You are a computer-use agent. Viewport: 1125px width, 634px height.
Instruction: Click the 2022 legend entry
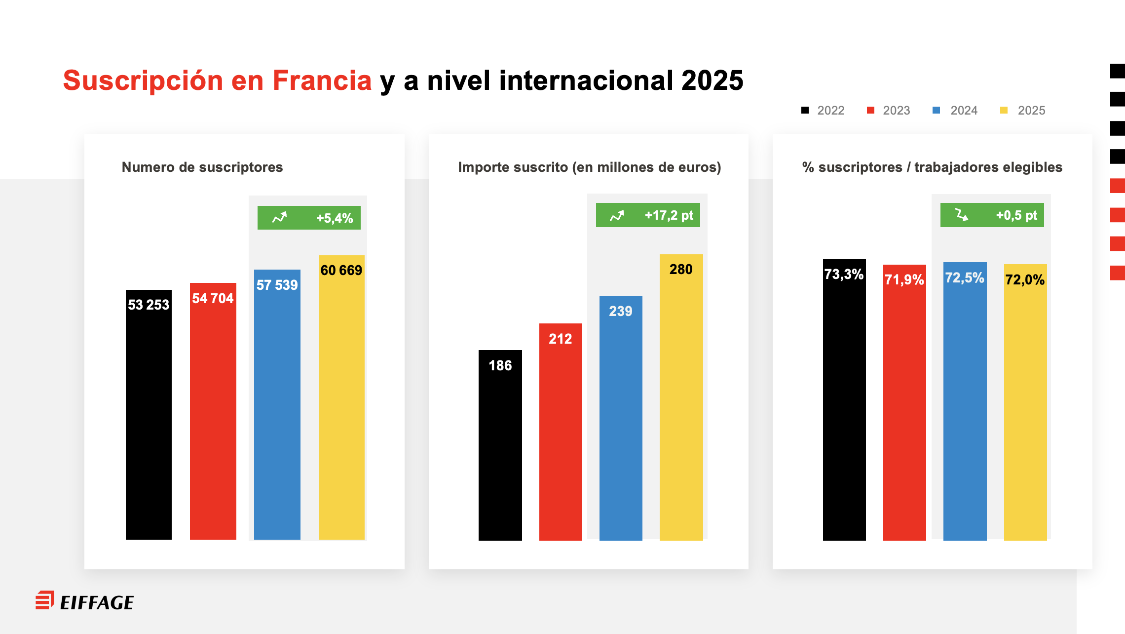824,110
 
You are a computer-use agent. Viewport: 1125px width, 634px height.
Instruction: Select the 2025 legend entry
1024,110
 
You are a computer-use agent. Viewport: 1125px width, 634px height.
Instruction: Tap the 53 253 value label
149,305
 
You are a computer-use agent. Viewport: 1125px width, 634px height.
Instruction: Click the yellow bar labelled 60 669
341,405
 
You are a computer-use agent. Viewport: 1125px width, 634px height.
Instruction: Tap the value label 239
621,311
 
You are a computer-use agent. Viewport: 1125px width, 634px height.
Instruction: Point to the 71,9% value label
904,279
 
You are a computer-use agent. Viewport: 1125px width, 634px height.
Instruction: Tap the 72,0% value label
1025,279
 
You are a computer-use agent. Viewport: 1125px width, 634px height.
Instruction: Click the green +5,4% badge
309,218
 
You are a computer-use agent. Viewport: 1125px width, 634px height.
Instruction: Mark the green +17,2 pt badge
648,215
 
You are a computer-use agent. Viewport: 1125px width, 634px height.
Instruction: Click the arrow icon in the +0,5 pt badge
962,215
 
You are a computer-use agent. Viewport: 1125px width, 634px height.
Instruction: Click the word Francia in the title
322,80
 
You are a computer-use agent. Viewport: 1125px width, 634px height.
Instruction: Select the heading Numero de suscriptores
202,167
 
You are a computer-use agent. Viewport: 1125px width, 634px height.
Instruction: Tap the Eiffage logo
84,601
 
